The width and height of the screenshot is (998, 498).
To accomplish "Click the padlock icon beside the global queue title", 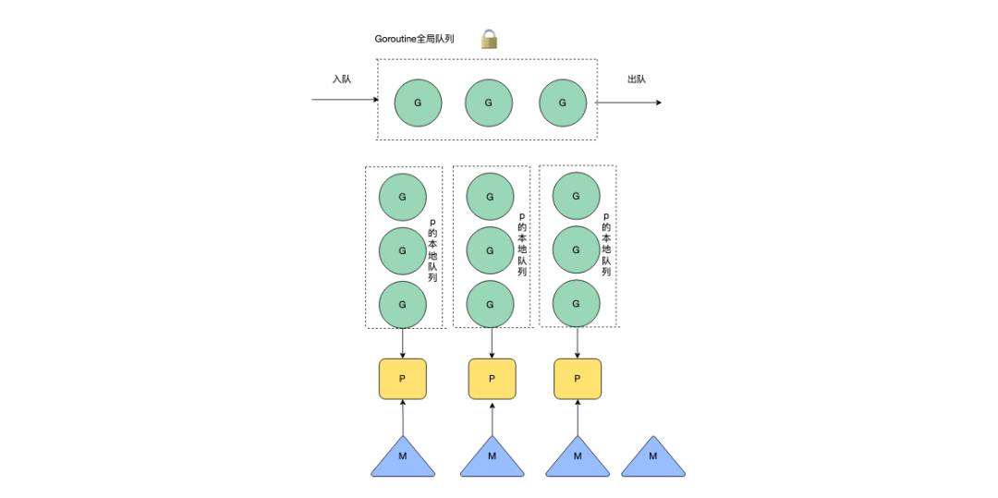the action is point(489,40).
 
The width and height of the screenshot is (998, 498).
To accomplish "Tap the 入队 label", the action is point(342,79).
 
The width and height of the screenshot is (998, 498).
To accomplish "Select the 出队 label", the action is point(637,79).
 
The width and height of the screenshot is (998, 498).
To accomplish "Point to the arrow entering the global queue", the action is point(345,99).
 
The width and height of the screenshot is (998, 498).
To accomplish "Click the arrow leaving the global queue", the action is point(628,103).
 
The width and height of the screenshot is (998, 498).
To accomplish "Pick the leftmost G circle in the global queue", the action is point(419,103).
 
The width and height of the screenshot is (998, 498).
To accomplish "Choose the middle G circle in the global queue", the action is point(489,103).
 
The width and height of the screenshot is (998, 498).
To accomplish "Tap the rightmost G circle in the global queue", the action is point(563,103).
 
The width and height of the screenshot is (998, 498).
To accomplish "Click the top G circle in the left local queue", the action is point(402,197).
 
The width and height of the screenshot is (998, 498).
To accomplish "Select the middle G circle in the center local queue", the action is point(490,250).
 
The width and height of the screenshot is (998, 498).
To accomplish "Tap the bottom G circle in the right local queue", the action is point(576,304).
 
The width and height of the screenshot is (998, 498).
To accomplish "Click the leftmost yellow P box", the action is point(402,379).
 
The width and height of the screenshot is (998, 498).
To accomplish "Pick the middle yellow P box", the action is point(492,379).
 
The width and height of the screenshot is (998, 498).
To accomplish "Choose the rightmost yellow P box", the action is point(578,379).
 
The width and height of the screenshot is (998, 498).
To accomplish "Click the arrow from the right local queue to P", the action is point(578,343).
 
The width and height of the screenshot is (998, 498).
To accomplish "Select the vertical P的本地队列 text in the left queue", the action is point(432,250).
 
